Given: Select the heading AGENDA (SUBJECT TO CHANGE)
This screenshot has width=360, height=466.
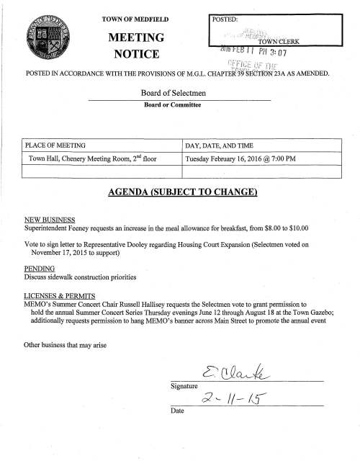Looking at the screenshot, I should [x=179, y=193].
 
